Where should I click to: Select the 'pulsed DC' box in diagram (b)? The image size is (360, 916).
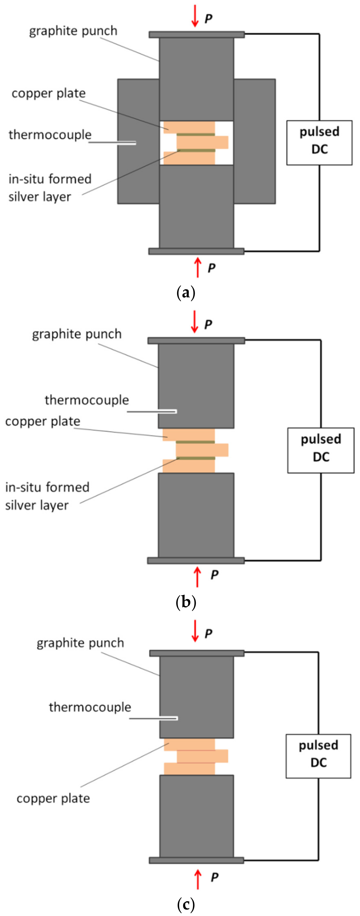click(321, 450)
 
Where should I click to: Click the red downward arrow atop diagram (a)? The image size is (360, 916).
click(195, 16)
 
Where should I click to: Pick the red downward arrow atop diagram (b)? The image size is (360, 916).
click(194, 322)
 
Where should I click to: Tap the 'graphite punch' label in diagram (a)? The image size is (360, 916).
click(73, 31)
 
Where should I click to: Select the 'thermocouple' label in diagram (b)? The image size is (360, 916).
click(86, 400)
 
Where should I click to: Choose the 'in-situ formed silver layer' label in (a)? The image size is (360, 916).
click(50, 187)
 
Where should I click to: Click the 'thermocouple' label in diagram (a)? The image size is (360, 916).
click(50, 135)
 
